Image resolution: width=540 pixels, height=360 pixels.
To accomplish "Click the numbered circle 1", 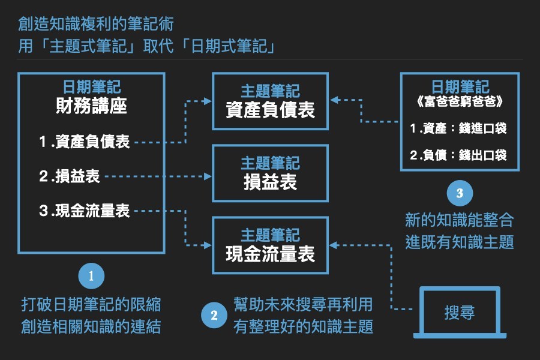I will click(91, 276).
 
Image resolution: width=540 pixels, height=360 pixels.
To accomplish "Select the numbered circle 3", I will click(460, 193).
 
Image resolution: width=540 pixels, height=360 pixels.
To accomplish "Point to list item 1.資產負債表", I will click(85, 142).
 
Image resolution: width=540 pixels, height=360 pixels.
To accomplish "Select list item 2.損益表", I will click(70, 176).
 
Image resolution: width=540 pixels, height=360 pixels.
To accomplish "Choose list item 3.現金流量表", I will click(85, 211).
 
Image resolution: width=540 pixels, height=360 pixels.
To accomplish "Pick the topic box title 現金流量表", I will click(270, 254).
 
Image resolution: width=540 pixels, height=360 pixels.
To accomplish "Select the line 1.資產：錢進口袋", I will click(460, 128).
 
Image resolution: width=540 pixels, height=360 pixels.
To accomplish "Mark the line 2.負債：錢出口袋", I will click(460, 155).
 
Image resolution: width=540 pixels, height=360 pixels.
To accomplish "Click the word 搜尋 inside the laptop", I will click(460, 313).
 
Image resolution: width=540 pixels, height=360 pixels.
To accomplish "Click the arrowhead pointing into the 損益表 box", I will click(208, 176).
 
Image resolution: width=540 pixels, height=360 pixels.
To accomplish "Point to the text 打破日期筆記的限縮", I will click(91, 305).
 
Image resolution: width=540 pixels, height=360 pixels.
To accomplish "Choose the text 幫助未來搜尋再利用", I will click(303, 304).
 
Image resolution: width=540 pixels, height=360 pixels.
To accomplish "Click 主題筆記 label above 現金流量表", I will click(270, 235).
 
